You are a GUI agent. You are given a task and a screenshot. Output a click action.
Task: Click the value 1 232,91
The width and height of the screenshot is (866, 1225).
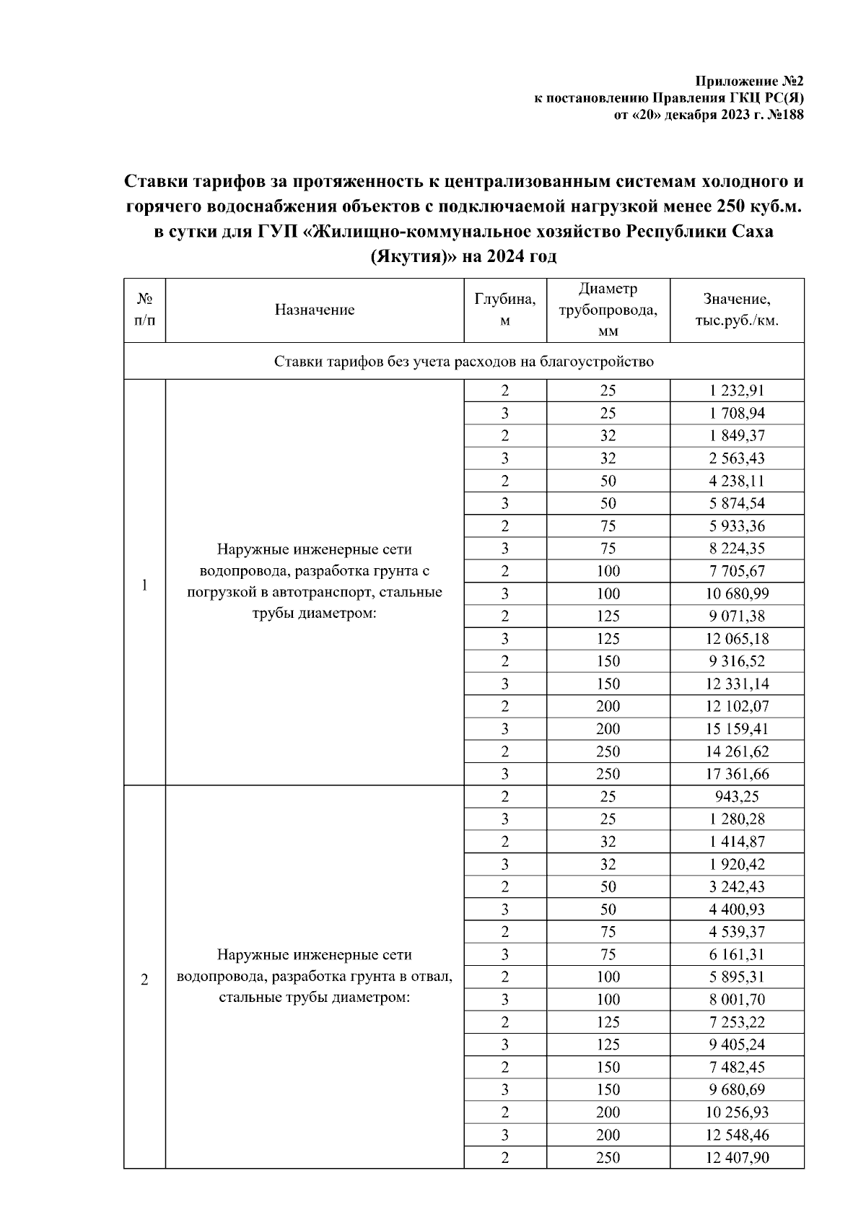pos(736,391)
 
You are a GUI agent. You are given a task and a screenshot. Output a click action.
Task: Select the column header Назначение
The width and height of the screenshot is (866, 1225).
pos(315,310)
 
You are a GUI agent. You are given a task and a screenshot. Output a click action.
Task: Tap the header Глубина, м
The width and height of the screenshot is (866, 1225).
pos(504,310)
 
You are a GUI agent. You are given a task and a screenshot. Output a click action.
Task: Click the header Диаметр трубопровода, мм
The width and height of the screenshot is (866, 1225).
pos(608,310)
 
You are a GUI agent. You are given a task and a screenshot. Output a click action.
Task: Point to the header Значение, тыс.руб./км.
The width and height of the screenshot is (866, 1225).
pos(736,310)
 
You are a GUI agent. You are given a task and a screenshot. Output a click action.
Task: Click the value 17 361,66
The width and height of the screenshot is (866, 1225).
pos(736,774)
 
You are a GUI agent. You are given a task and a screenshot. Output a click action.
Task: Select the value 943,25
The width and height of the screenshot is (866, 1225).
pos(736,796)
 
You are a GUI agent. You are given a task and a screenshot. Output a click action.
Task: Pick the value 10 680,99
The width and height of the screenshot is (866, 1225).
pos(736,593)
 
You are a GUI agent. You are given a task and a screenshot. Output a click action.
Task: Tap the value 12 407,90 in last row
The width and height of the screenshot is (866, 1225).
pos(736,1157)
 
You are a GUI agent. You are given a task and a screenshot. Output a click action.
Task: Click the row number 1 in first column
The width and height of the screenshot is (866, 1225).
pos(144,585)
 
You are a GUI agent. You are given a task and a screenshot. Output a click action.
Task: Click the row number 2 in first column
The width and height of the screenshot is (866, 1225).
pos(144,980)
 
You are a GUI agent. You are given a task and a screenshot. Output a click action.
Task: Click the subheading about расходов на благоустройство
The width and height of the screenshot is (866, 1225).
pos(463,361)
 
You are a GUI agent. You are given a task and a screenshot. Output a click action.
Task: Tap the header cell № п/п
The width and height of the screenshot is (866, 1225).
pos(144,310)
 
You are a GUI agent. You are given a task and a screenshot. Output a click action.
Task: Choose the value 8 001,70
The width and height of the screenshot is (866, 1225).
pos(736,999)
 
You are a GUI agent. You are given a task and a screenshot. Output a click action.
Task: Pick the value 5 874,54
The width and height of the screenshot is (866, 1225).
pos(736,503)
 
